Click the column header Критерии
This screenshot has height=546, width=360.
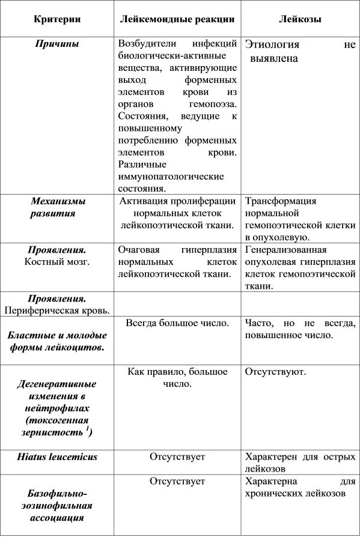(57, 19)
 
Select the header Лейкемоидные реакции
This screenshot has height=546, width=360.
(177, 19)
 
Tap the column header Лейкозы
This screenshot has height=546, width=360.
(300, 19)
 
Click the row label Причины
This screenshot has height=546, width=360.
(57, 44)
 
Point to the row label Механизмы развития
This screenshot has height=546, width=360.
(57, 207)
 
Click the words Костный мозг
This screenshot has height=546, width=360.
(57, 262)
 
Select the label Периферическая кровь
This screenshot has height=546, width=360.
(57, 311)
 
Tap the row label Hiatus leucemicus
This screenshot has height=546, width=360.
(57, 457)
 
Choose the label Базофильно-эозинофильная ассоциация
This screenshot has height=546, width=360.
(57, 505)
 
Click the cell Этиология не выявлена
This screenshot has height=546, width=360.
(300, 52)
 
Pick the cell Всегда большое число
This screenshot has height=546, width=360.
(177, 323)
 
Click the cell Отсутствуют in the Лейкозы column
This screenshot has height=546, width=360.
(275, 372)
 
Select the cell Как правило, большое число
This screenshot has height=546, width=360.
(177, 377)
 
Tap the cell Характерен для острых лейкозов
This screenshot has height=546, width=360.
(300, 463)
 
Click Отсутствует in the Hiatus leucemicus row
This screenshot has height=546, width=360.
(177, 457)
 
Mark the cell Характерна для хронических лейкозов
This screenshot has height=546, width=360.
(300, 487)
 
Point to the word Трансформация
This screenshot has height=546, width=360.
(280, 201)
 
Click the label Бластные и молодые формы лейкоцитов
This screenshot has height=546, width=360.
(57, 341)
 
